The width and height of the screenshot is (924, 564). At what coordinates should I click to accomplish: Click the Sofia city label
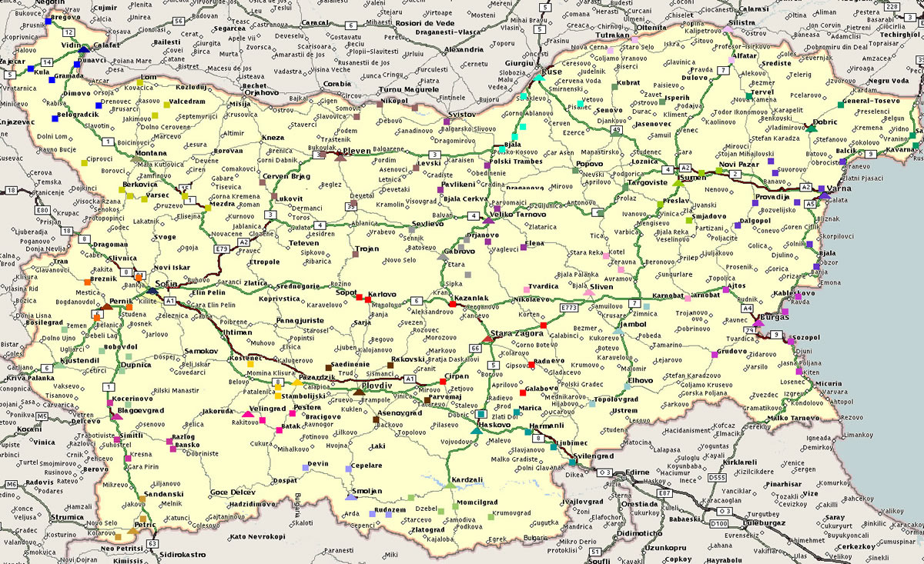167,284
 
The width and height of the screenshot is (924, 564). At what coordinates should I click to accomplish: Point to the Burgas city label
775,316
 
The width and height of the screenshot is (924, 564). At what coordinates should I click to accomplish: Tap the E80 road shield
42,210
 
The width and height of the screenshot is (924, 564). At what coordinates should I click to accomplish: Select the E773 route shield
569,308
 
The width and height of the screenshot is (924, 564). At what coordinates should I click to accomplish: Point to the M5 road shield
42,416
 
